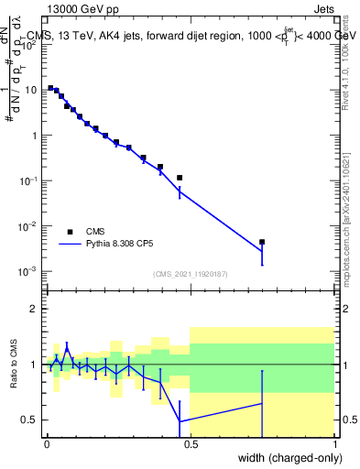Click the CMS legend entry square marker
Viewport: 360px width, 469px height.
70,232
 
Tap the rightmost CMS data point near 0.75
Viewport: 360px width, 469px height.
262,242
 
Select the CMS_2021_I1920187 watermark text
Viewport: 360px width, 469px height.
190,274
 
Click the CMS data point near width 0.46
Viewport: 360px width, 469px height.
180,178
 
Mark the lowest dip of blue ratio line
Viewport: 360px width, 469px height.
180,421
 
